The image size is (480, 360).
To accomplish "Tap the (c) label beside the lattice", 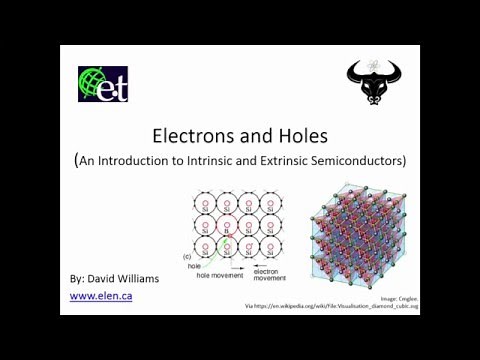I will coord(187,257).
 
